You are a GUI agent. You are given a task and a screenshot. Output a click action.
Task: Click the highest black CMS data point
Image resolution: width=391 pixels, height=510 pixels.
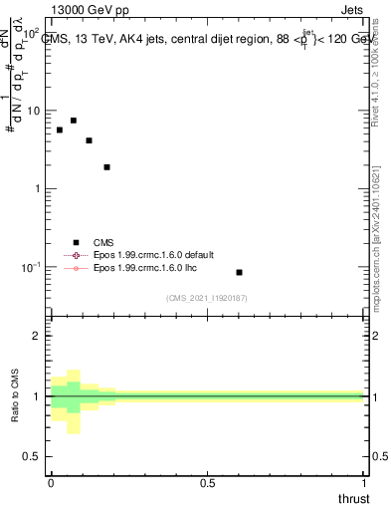coord(74,121)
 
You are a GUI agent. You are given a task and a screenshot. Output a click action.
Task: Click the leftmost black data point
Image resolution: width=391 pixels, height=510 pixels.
coord(60,130)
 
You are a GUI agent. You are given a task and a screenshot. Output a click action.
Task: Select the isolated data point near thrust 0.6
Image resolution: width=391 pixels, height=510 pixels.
coord(239,272)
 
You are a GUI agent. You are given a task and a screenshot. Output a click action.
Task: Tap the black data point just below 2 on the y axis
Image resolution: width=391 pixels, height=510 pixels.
coord(106,167)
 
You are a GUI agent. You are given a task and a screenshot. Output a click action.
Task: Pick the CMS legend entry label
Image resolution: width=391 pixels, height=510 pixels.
coord(104,242)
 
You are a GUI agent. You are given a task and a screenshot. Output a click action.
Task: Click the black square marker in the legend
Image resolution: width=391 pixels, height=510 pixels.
coord(76,242)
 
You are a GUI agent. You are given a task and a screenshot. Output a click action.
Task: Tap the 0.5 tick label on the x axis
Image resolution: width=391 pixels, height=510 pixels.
coord(207,482)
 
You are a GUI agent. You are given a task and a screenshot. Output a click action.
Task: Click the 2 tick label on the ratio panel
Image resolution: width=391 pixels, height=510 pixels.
coord(38,336)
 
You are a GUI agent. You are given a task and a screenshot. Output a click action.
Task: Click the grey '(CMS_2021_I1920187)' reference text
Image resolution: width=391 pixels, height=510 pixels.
coord(206,298)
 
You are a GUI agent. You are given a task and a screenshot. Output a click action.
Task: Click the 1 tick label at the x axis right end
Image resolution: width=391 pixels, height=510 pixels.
coord(362,482)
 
